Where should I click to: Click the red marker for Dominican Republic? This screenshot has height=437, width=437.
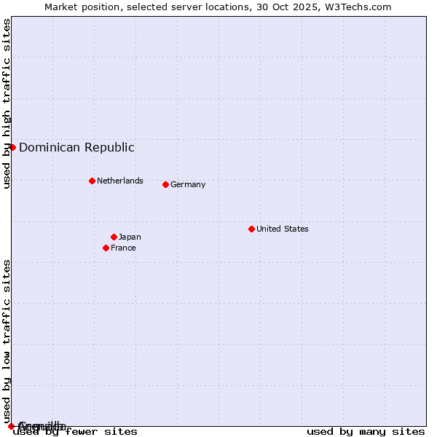(12, 147)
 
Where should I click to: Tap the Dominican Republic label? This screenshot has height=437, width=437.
(76, 147)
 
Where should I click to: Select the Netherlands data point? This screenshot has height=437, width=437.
(92, 181)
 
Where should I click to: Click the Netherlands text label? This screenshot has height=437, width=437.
(120, 181)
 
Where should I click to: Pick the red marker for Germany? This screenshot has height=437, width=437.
(165, 184)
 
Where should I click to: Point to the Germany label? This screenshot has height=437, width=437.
(188, 184)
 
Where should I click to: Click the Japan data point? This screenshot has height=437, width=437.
(114, 237)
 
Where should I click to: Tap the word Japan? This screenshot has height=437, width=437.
(130, 237)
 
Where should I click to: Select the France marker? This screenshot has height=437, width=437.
(106, 248)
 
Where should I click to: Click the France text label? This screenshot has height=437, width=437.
(123, 248)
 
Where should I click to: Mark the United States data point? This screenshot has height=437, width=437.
(251, 229)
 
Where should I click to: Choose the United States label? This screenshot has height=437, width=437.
(283, 229)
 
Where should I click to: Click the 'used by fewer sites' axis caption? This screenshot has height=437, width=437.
(76, 432)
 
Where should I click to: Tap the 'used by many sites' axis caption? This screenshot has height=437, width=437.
(366, 432)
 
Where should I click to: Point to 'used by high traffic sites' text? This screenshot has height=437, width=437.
(7, 103)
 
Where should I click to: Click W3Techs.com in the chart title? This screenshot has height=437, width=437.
(358, 7)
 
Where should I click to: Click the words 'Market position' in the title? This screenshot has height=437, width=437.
(79, 7)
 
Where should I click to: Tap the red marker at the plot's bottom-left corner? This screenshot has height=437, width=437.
(11, 426)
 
